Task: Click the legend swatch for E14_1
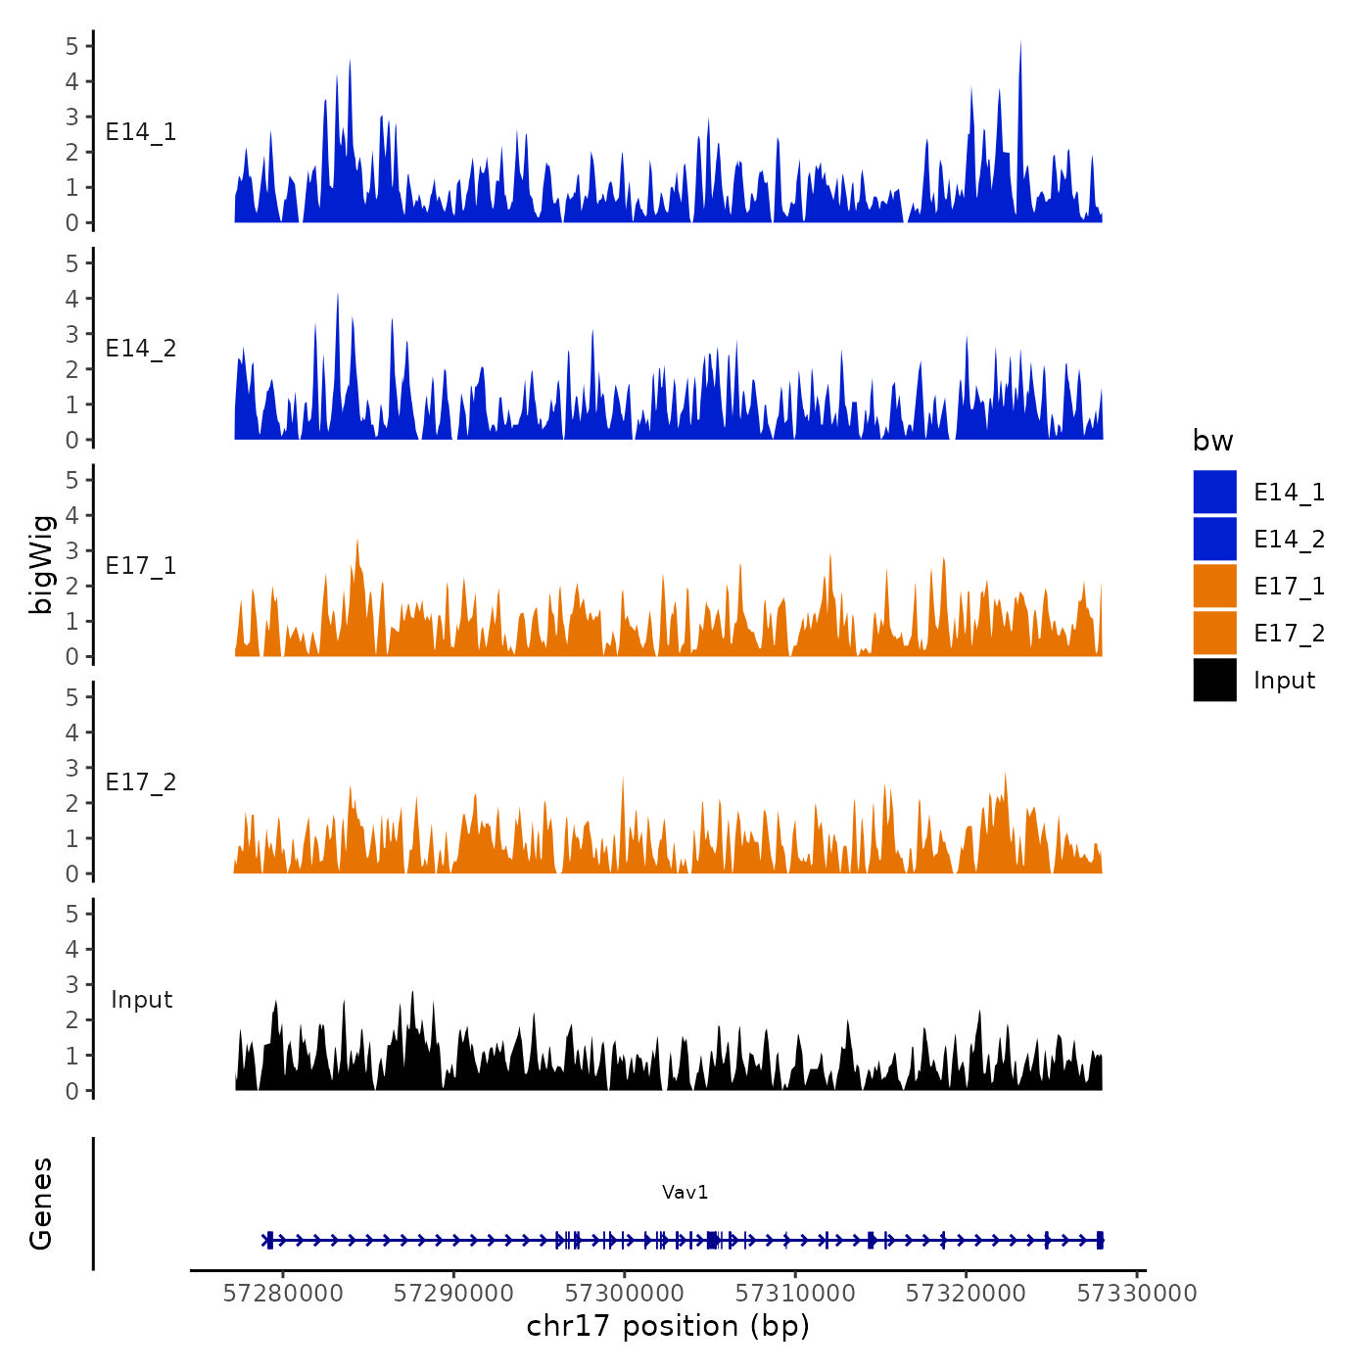(x=1214, y=492)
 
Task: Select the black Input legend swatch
(x=1214, y=680)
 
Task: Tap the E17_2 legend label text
(x=1289, y=634)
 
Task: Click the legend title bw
(x=1212, y=441)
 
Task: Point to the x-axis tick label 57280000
(x=283, y=1294)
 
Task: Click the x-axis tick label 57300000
(x=625, y=1294)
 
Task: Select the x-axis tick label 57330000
(x=1137, y=1294)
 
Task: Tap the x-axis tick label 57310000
(x=795, y=1294)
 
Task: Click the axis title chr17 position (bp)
(x=668, y=1326)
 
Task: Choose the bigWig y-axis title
(x=41, y=564)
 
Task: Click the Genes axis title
(x=41, y=1204)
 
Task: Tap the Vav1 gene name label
(x=685, y=1192)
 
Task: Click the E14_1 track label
(x=141, y=132)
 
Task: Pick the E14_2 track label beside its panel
(x=141, y=349)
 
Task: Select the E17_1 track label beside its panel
(x=141, y=566)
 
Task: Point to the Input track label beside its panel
(x=141, y=1000)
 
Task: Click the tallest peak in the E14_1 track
(x=1020, y=43)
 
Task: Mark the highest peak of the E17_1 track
(x=357, y=541)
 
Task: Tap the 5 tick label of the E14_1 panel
(x=72, y=45)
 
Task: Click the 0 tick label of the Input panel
(x=72, y=1091)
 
